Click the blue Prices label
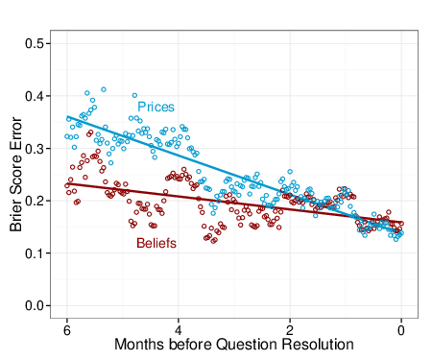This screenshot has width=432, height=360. coord(156,107)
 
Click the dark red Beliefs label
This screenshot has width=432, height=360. coord(156,244)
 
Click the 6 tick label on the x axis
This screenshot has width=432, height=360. coord(66,328)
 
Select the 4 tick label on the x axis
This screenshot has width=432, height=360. coord(178,328)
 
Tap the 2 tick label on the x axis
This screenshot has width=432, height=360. coord(289,328)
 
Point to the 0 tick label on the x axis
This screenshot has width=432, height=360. coord(401,328)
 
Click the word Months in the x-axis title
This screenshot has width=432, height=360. coord(140,344)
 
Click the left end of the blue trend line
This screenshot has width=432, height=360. coord(66,117)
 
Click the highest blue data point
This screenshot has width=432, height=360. coord(103,89)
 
